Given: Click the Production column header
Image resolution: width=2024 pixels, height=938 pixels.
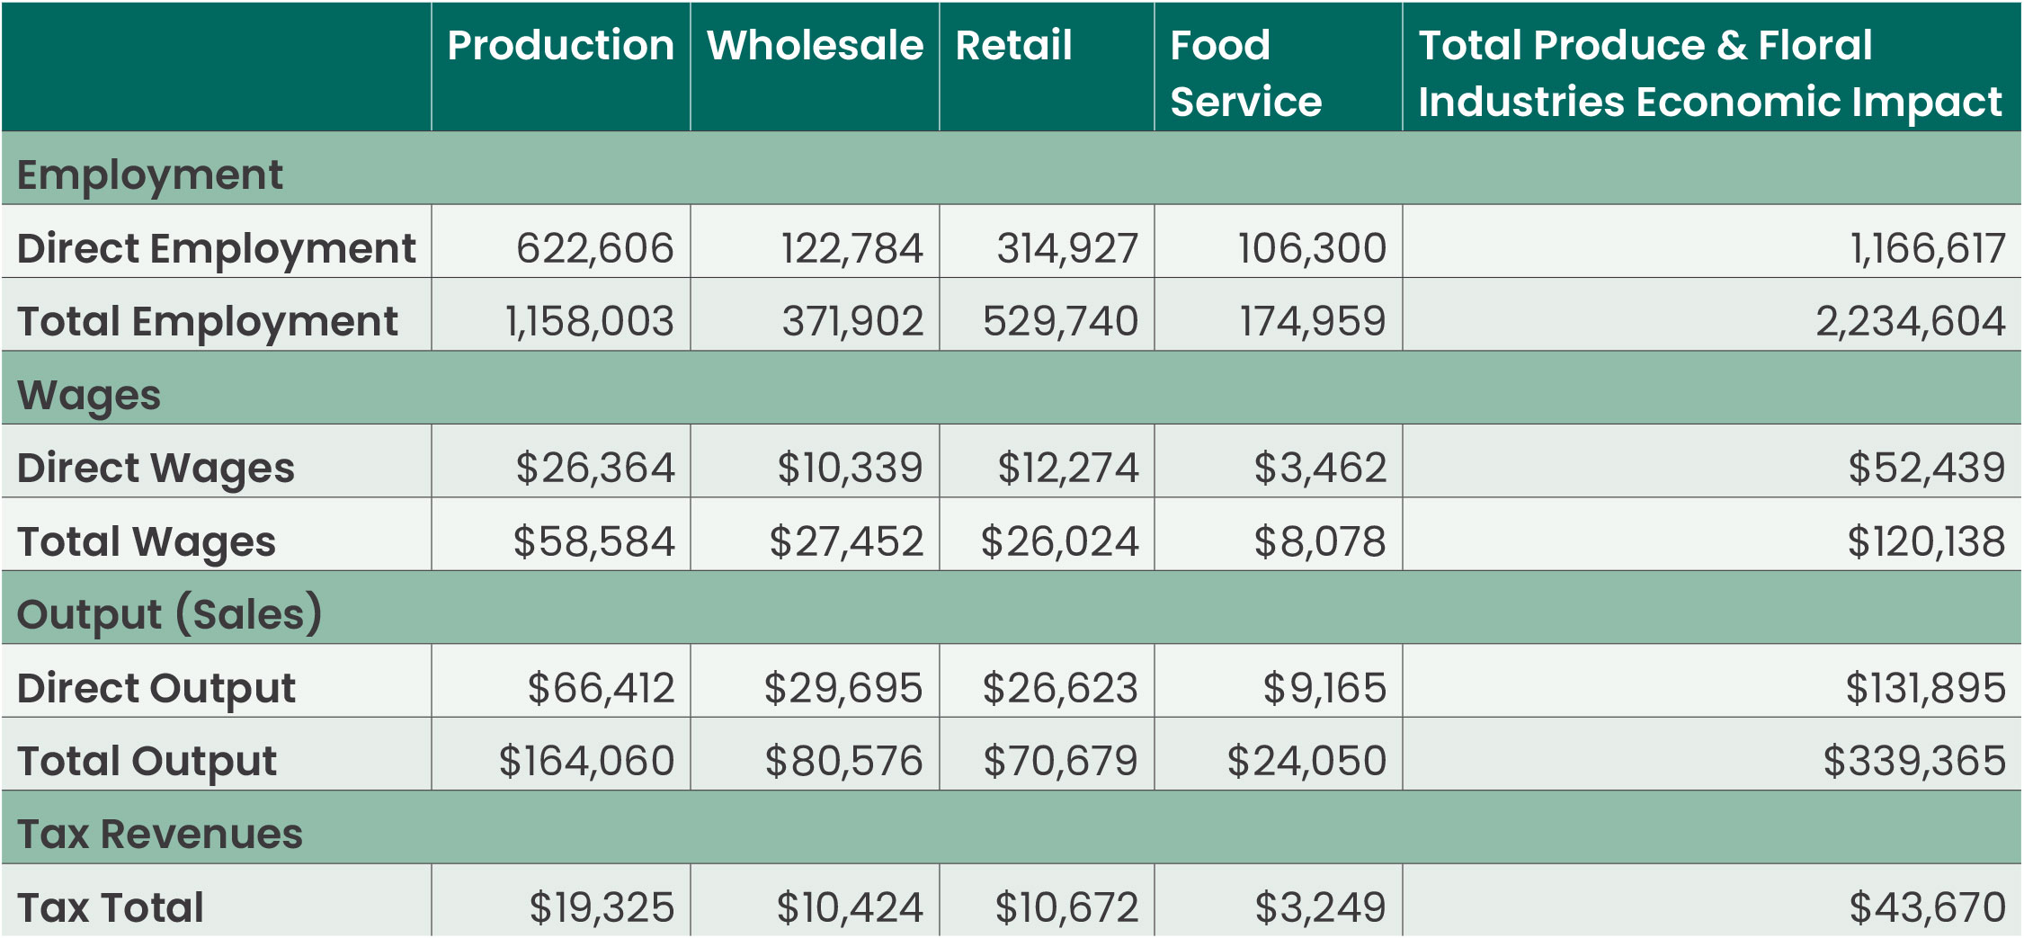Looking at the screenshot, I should click(560, 45).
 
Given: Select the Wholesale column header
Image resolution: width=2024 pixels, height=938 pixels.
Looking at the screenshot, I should click(815, 45).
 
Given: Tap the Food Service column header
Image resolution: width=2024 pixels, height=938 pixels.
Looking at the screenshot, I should click(1245, 73).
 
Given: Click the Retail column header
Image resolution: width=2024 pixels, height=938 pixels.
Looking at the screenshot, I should click(1013, 45).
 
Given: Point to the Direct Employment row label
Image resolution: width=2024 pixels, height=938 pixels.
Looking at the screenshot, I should click(216, 248).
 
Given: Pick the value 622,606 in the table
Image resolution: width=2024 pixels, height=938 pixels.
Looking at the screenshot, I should click(594, 248).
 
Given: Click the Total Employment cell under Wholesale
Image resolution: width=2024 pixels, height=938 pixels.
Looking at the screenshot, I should click(852, 321).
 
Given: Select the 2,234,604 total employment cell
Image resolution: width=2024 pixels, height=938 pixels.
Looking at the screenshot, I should click(1910, 321).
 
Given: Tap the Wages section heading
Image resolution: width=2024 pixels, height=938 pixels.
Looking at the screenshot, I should click(89, 395).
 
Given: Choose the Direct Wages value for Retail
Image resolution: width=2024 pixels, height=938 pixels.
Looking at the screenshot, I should click(1067, 468).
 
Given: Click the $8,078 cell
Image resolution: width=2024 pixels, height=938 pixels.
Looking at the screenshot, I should click(1319, 541).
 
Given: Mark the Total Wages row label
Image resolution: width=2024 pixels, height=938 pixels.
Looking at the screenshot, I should click(147, 541).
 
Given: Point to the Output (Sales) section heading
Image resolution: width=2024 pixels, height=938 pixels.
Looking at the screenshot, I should click(169, 614).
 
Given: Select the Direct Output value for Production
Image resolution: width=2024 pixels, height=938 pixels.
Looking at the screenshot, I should click(600, 688).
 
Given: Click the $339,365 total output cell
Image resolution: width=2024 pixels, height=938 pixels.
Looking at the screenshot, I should click(1913, 761).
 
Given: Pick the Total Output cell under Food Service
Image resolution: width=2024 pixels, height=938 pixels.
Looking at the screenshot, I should click(1306, 761).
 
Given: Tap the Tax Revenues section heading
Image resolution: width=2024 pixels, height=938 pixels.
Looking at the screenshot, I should click(160, 834).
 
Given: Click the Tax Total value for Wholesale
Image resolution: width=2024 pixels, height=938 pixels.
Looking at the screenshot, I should click(849, 907).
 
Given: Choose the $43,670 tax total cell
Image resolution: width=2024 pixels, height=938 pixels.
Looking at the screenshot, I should click(1927, 907).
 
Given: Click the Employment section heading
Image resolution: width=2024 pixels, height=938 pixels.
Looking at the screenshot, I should click(149, 174).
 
